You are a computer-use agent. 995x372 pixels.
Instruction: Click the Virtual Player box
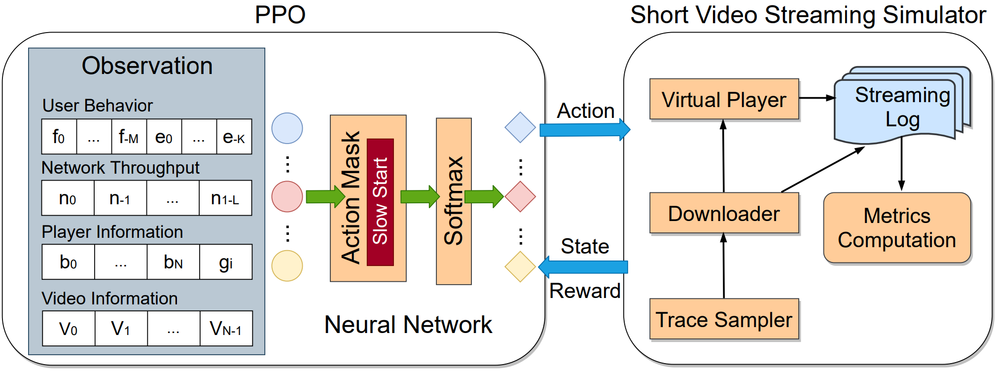[x=724, y=99]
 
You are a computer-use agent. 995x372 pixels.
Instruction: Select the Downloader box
[x=724, y=213]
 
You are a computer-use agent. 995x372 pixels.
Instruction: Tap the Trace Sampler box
[x=724, y=319]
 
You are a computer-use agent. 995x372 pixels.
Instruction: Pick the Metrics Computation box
[x=896, y=227]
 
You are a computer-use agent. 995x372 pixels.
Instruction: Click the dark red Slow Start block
[x=380, y=202]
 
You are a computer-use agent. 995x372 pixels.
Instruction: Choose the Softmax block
[x=454, y=201]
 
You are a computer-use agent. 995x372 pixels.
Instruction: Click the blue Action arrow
[x=585, y=130]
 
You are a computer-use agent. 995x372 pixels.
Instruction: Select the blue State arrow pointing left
[x=584, y=267]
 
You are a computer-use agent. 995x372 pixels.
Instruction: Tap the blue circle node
[x=287, y=128]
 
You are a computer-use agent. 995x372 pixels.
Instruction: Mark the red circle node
[x=287, y=196]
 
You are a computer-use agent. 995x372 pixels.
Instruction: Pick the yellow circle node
[x=287, y=266]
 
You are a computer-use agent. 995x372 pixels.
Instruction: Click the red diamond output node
[x=520, y=196]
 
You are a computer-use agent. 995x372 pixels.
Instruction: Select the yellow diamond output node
[x=520, y=267]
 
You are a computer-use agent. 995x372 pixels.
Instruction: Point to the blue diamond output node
[x=520, y=127]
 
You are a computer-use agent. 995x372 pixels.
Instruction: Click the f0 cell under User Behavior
[x=59, y=137]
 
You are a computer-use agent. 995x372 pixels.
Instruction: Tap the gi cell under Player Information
[x=226, y=262]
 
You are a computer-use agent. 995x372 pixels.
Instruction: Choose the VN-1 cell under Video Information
[x=226, y=328]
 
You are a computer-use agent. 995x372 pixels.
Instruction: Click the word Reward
[x=585, y=291]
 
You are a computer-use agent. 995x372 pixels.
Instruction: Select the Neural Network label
[x=408, y=325]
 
